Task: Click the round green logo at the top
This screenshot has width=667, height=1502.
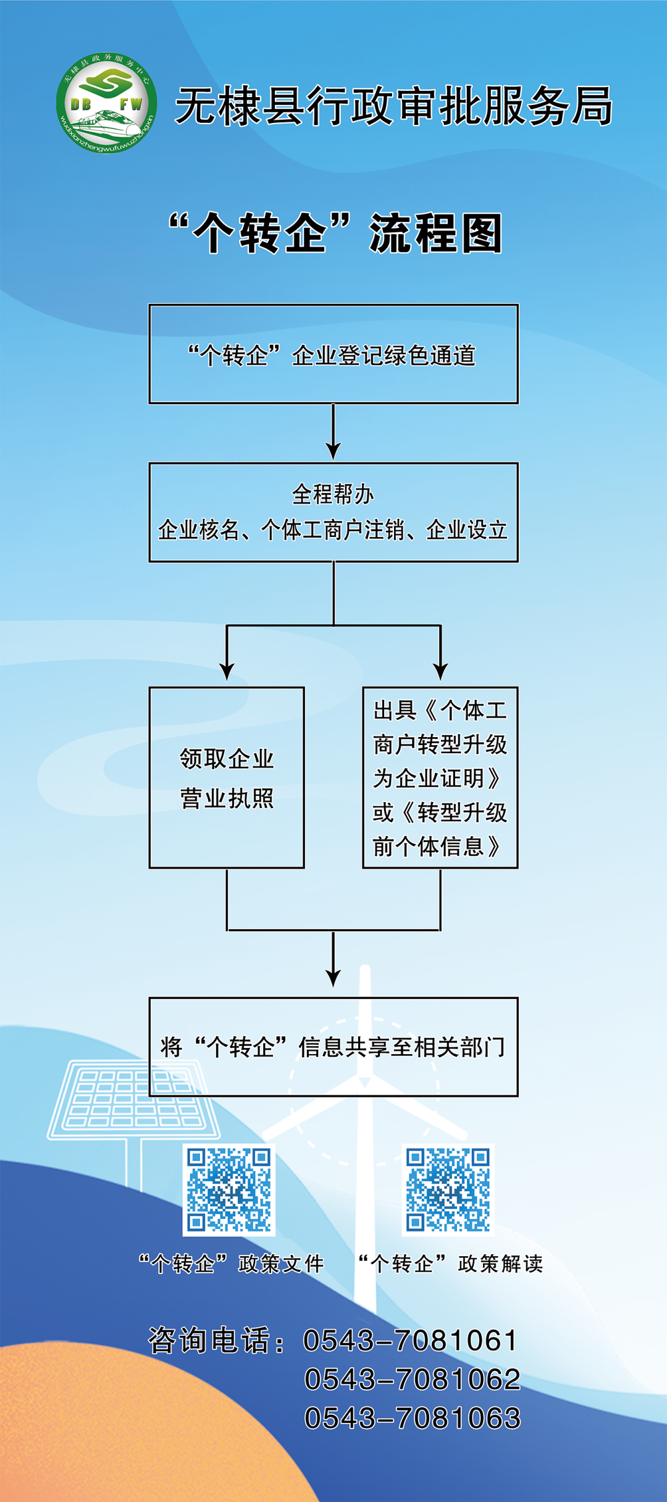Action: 106,103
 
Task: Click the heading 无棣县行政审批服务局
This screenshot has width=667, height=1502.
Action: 393,106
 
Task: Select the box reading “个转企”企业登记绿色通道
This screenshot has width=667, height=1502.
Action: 333,354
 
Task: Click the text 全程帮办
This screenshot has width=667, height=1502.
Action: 333,494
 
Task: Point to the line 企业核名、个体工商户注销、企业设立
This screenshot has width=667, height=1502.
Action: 333,530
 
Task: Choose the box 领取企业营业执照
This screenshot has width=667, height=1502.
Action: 227,777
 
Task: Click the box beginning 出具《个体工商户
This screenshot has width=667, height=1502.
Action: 440,777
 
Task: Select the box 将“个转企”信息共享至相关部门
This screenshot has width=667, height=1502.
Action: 333,1047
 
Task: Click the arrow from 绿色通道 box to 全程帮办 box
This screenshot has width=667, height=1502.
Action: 333,432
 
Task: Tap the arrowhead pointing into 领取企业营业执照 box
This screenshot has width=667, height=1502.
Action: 227,670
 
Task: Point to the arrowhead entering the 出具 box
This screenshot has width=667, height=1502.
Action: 440,670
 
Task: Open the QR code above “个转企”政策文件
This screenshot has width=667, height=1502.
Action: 229,1189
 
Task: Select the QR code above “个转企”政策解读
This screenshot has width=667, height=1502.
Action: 448,1189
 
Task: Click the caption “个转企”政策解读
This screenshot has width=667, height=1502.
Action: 451,1264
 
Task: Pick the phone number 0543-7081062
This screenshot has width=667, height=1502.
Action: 412,1379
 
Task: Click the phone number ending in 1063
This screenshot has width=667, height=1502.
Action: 412,1418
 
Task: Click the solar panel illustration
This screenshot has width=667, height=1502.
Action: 133,1100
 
